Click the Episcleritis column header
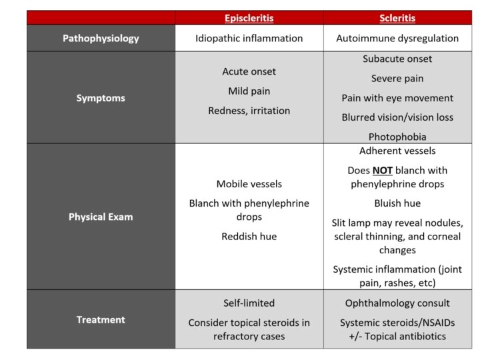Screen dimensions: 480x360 point(249,18)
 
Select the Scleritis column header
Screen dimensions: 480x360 point(397,18)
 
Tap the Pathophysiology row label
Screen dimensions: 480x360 point(101,38)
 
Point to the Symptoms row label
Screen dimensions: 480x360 point(101,98)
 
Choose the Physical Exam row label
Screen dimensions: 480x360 point(101,217)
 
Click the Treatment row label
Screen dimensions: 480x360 point(101,319)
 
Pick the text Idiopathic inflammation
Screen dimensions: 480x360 point(249,38)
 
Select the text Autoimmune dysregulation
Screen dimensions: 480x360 point(397,38)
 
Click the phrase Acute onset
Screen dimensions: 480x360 point(249,71)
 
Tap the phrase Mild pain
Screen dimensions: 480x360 point(249,91)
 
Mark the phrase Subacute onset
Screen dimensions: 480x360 point(397,59)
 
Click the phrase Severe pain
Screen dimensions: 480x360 point(397,79)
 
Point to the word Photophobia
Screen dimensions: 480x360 point(397,137)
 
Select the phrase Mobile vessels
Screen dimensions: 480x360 point(249,184)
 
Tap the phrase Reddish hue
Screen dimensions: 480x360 point(249,236)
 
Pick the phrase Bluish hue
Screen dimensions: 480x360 point(397,203)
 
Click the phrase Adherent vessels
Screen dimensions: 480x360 point(397,151)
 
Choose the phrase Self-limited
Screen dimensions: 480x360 point(249,303)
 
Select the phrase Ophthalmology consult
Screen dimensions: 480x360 point(397,303)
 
